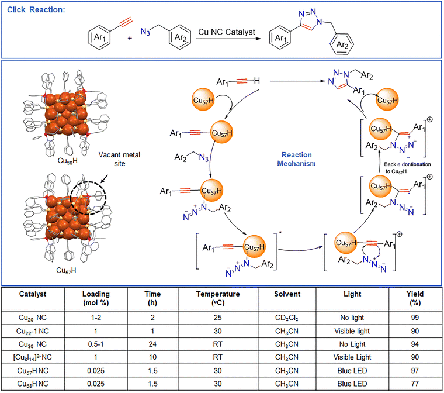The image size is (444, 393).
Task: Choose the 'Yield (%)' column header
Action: pyautogui.click(x=415, y=298)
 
